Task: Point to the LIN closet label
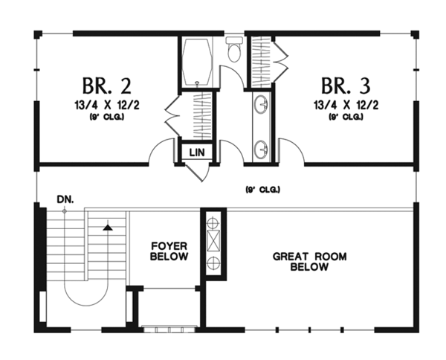197,152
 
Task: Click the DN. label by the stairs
64,199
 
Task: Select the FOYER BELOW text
169,251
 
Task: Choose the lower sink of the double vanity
262,150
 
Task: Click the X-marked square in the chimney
212,242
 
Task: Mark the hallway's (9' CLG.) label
262,190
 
